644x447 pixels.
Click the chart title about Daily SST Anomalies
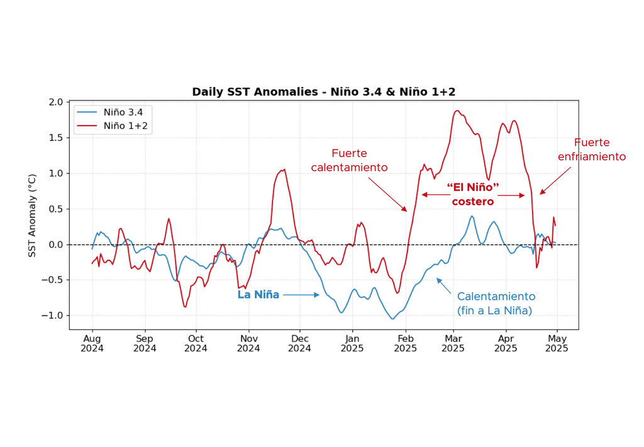click(x=323, y=92)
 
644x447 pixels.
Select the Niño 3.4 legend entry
click(x=123, y=112)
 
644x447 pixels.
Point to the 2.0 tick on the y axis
click(x=56, y=102)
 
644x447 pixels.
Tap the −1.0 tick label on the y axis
click(x=53, y=316)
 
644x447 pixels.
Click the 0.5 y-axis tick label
click(x=56, y=209)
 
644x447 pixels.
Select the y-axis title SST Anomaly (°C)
click(x=33, y=215)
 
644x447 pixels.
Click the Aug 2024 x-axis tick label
click(x=92, y=343)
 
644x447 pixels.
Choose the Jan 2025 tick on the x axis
click(x=353, y=343)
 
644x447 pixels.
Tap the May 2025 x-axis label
click(x=557, y=343)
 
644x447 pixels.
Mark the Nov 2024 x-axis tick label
click(x=248, y=343)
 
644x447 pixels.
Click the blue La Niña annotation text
click(x=258, y=295)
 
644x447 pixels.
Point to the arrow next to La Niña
click(x=301, y=295)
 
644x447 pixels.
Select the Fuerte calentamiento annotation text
click(x=349, y=160)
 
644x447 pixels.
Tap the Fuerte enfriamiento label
click(x=592, y=150)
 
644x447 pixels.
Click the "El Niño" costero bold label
click(x=473, y=195)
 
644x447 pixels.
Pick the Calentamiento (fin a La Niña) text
click(x=496, y=303)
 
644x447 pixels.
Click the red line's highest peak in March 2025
click(x=457, y=111)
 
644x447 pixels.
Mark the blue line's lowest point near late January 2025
click(x=392, y=319)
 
